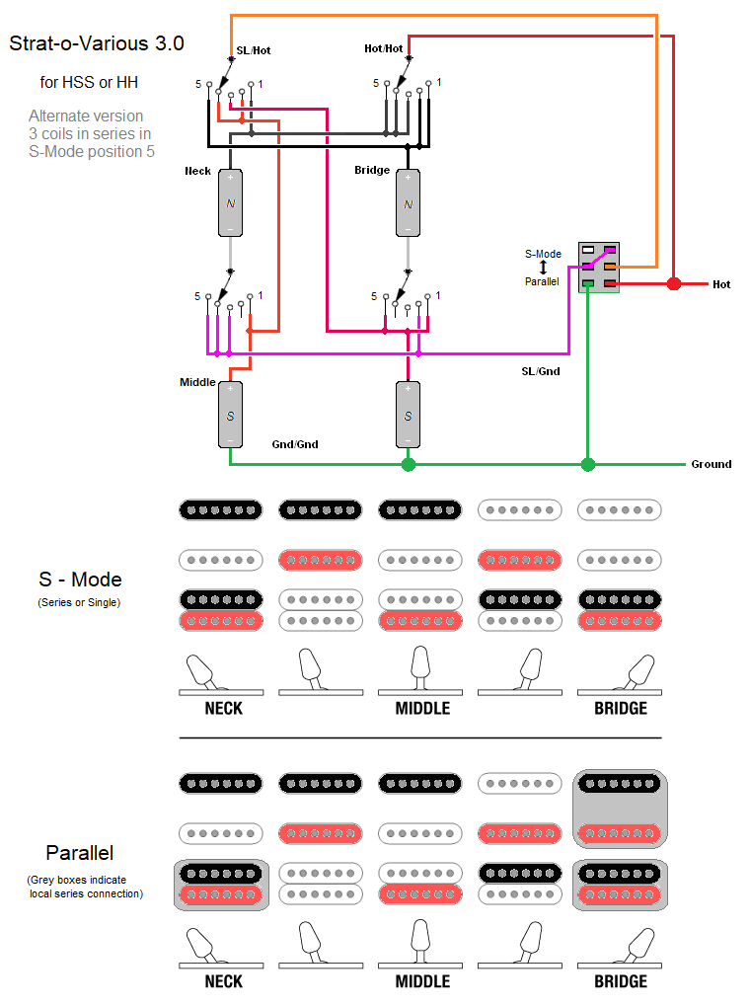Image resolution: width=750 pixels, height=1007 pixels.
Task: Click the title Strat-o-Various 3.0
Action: pos(97,44)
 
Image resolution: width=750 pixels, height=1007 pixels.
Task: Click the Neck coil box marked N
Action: pos(230,202)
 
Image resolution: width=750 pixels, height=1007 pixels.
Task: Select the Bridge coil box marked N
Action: pos(408,202)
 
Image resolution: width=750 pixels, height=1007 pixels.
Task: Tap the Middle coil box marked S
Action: pos(230,414)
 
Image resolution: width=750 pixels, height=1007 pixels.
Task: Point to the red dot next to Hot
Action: pos(674,284)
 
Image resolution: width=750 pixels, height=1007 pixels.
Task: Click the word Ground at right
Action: pos(711,464)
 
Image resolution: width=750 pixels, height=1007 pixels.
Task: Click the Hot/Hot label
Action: pos(383,48)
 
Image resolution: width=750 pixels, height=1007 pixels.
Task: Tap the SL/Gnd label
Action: pos(540,371)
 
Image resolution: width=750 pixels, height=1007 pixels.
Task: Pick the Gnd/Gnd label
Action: pos(295,444)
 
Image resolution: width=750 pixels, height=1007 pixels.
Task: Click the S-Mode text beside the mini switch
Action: pos(543,254)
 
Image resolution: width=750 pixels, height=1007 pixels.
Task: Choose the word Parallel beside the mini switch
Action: pos(542,281)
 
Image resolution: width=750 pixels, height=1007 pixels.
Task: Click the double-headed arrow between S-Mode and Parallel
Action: pos(543,268)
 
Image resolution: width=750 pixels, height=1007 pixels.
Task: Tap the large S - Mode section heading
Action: pos(81,580)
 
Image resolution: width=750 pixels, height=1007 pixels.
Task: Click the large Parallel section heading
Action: pos(80,853)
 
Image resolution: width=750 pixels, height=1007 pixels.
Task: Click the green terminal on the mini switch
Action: pos(588,284)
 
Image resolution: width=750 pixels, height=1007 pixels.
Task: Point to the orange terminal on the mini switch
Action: pos(611,267)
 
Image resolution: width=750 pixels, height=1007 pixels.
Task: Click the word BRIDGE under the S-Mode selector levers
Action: pos(621,708)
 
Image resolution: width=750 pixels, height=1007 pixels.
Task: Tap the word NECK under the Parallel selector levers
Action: pos(224,981)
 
